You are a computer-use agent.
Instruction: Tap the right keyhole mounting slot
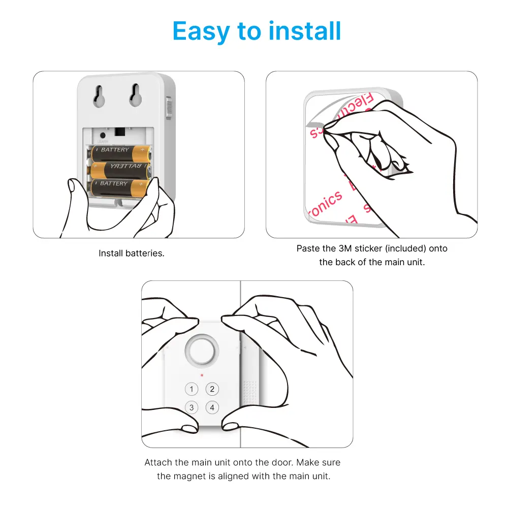click(x=135, y=95)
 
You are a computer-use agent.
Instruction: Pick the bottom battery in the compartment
click(x=119, y=186)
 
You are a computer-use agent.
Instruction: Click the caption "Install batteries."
click(x=132, y=253)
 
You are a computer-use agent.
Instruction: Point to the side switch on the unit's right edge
click(x=169, y=108)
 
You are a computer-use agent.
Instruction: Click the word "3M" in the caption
click(x=344, y=249)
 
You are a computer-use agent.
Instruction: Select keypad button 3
click(x=192, y=407)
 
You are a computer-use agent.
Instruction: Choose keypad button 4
click(x=212, y=407)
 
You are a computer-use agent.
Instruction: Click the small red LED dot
click(x=202, y=375)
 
